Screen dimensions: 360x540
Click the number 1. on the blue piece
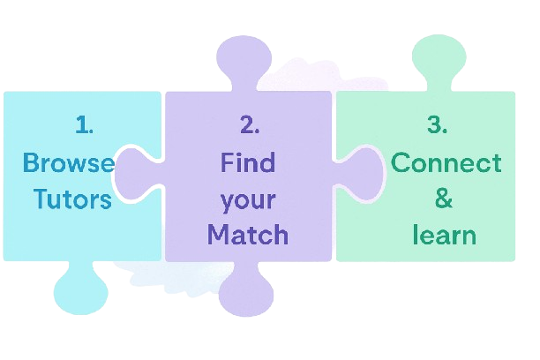click(x=84, y=125)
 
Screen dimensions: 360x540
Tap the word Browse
click(x=68, y=163)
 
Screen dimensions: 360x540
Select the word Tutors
click(x=72, y=199)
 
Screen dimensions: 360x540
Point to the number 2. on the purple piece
click(x=250, y=125)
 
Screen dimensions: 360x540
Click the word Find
click(x=248, y=163)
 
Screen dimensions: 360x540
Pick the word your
click(x=248, y=199)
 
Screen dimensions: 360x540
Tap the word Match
click(x=248, y=236)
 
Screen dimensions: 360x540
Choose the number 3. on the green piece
click(x=437, y=125)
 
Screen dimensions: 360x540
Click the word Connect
click(x=446, y=163)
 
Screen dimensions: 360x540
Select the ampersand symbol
click(x=444, y=199)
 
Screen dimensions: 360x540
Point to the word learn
click(x=444, y=236)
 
